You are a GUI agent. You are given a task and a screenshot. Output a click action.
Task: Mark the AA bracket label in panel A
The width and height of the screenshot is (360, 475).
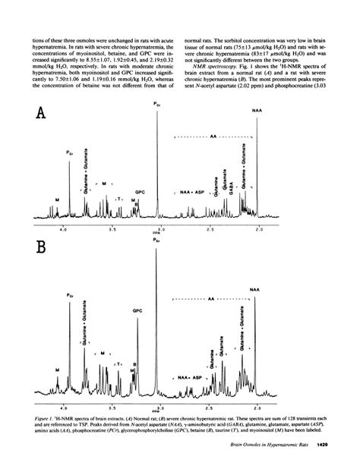tap(213, 137)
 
